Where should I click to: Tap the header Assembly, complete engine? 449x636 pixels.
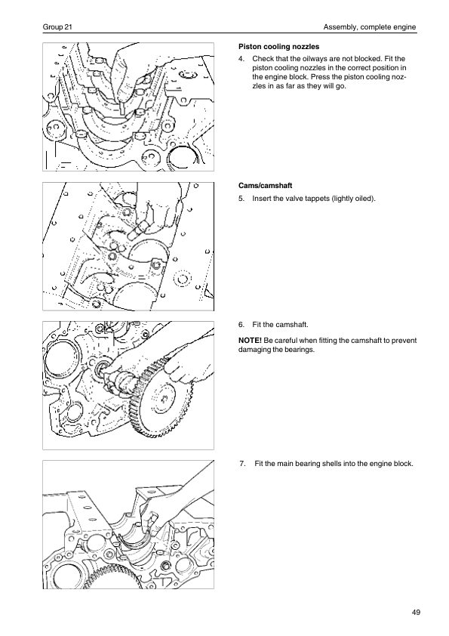[x=370, y=27]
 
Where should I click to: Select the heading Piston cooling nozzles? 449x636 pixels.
[x=278, y=47]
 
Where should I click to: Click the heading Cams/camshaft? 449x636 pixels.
[x=266, y=186]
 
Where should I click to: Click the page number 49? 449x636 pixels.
[x=417, y=613]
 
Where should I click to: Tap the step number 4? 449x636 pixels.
[x=241, y=59]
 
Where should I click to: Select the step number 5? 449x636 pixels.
[x=241, y=199]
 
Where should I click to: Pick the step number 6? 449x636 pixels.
[x=241, y=325]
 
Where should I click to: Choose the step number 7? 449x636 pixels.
[x=243, y=464]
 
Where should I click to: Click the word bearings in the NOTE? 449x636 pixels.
[x=300, y=350]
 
